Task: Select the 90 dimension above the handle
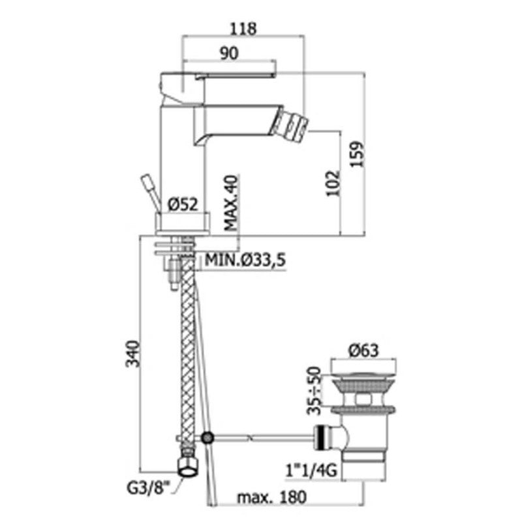tap(230, 54)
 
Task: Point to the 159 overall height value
tap(357, 154)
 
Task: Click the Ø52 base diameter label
tap(183, 204)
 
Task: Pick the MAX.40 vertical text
tap(231, 203)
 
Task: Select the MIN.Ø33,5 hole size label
tap(245, 260)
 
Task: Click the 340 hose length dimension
tap(132, 354)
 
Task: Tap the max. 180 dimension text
tap(271, 497)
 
